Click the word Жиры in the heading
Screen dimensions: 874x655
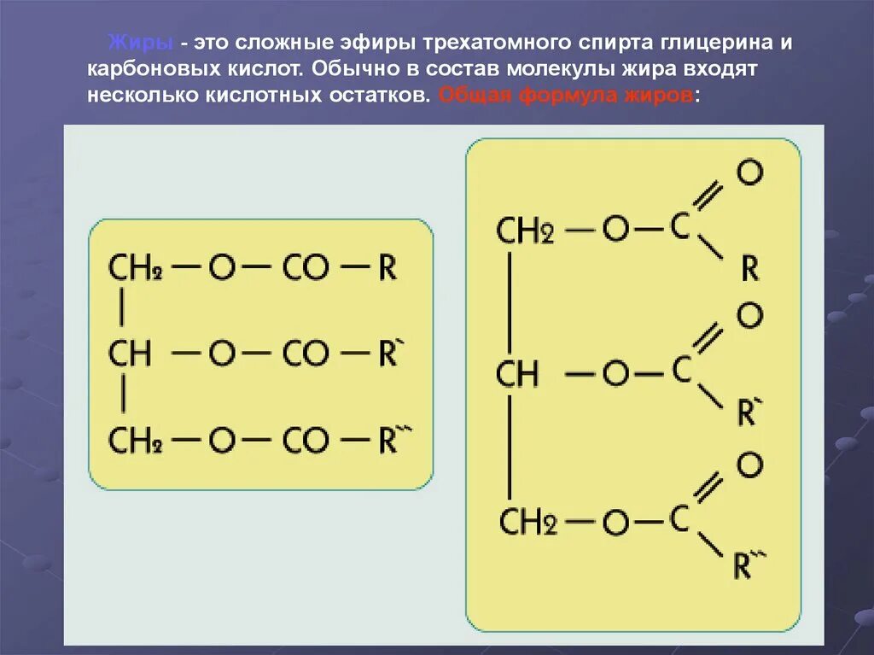click(x=143, y=44)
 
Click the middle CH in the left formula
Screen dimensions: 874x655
click(x=129, y=354)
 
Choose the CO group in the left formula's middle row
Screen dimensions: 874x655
click(x=305, y=354)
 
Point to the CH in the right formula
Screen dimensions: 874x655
click(x=517, y=373)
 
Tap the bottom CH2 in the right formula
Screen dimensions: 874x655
click(x=527, y=523)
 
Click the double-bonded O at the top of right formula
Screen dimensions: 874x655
click(x=749, y=173)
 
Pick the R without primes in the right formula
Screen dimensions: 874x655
click(x=749, y=268)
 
